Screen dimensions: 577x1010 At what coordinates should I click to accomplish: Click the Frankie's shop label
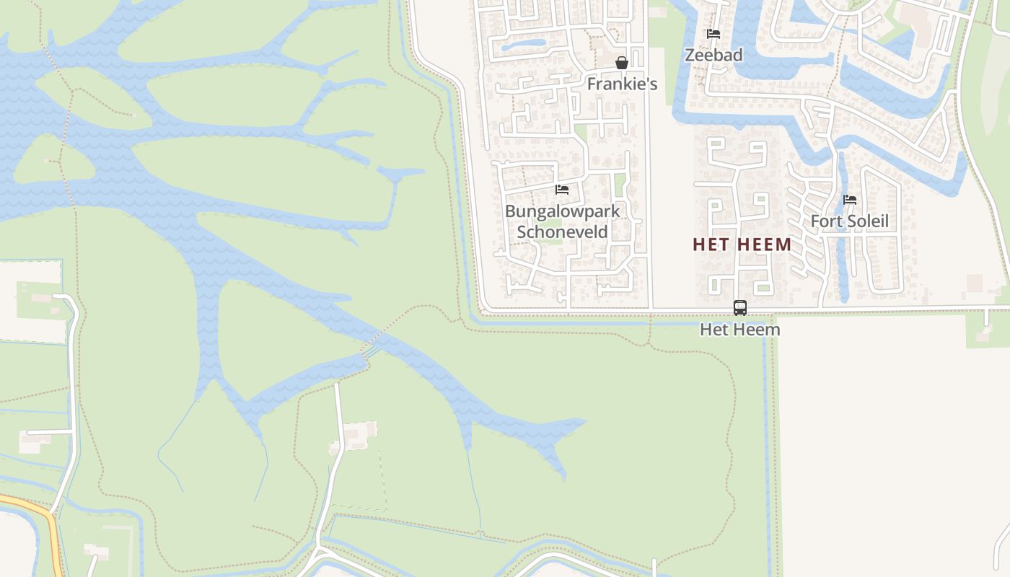coord(622,84)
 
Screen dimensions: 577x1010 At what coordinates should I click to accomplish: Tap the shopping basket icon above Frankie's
coord(622,63)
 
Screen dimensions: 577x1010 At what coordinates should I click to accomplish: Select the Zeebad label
coord(713,55)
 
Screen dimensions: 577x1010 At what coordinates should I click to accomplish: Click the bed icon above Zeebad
coord(713,34)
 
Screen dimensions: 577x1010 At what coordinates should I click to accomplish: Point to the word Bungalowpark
coord(562,211)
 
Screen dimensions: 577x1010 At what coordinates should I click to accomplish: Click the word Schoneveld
coord(562,232)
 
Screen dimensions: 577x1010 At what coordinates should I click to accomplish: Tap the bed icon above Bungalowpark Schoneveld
coord(562,190)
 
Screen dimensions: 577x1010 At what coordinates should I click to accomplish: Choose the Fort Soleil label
coord(849,221)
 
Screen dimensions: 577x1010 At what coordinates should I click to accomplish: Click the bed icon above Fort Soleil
coord(850,200)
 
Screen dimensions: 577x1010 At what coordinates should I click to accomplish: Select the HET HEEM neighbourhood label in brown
coord(742,245)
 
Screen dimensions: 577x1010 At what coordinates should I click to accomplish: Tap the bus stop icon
coord(740,308)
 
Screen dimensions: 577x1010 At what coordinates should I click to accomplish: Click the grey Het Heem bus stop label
coord(740,330)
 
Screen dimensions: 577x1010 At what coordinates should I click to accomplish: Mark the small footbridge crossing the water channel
coord(371,351)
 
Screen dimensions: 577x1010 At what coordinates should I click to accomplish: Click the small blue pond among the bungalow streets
coord(523,45)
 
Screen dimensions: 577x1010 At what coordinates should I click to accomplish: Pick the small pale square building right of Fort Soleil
coord(975,283)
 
